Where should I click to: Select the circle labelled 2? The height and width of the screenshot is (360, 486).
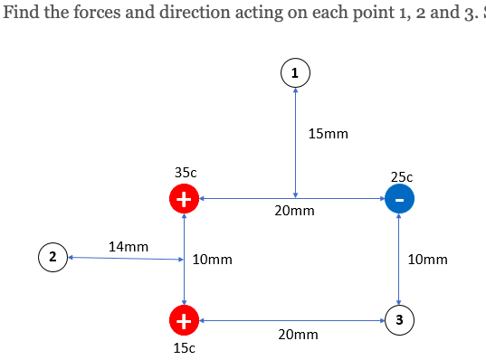point(53,258)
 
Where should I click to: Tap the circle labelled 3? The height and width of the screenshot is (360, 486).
point(399,318)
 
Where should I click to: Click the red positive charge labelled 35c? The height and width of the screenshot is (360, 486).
point(185,199)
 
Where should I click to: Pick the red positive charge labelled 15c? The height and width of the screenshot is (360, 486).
point(185,319)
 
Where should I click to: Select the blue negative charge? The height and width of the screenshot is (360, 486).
point(399,199)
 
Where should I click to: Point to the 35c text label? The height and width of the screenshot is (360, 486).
point(185,171)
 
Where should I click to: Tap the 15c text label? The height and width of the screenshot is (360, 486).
point(185,347)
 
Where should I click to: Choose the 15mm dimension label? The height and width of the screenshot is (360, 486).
point(328,134)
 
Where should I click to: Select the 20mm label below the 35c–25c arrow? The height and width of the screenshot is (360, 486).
point(295,212)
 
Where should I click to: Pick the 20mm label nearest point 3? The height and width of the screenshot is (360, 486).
point(299,335)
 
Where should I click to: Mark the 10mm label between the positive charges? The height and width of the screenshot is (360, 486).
point(213,260)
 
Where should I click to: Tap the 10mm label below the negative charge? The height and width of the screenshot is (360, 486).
point(427,260)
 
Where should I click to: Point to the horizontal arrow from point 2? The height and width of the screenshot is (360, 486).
point(127,259)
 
